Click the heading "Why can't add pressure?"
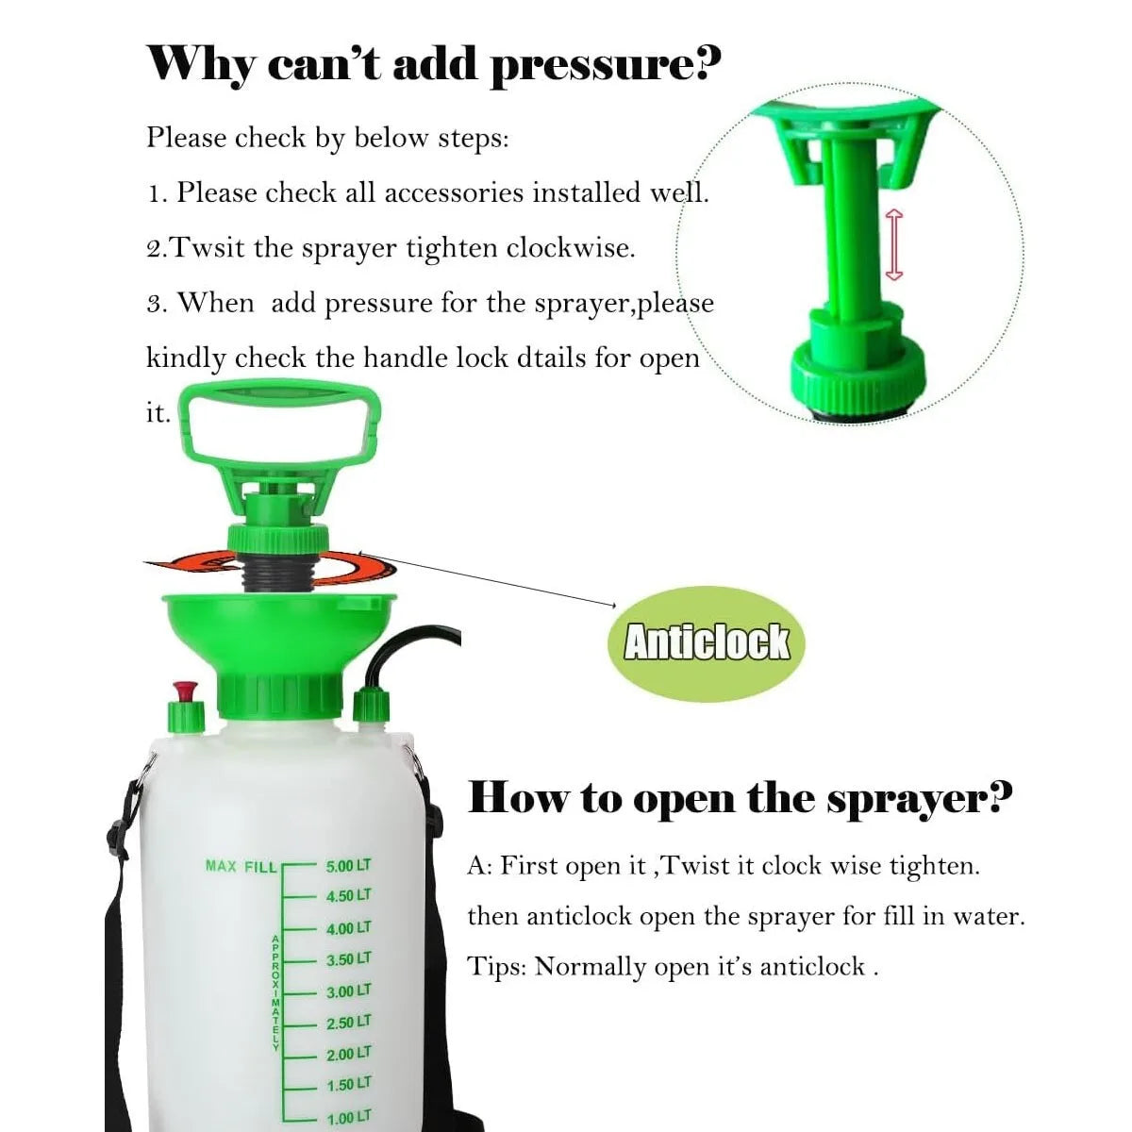(x=433, y=64)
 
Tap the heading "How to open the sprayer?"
(x=740, y=798)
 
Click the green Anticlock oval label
(x=707, y=641)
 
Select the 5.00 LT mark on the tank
(x=348, y=866)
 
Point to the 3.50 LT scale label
(x=348, y=959)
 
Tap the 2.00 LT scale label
(x=348, y=1054)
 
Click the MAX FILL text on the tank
(x=241, y=866)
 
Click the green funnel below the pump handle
(x=279, y=632)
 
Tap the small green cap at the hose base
(x=370, y=710)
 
